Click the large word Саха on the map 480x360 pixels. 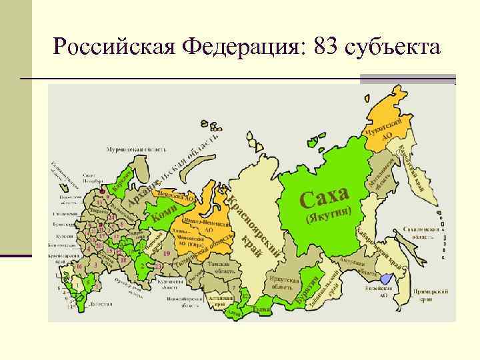point(324,196)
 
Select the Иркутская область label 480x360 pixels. point(283,281)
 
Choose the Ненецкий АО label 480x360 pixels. point(176,197)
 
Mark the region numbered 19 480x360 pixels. point(166,254)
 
